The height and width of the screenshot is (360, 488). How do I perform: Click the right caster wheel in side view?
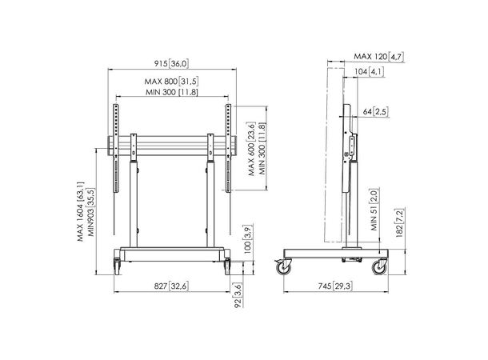click(x=378, y=267)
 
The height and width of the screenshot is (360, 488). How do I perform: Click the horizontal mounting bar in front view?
click(x=172, y=146)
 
